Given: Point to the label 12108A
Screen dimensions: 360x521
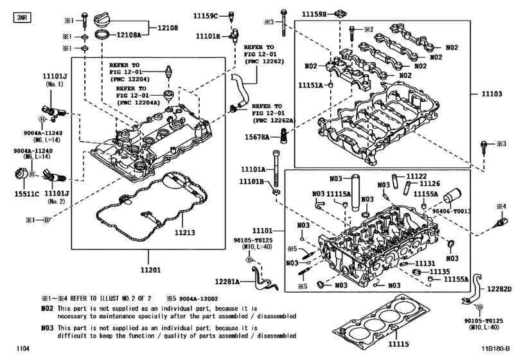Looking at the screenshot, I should point(128,37).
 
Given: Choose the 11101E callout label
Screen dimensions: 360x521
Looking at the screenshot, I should point(208,37).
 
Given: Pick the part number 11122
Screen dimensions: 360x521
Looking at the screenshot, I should point(416,176).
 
